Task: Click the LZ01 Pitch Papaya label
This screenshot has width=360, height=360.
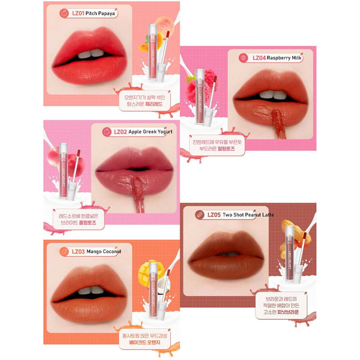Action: tap(89, 13)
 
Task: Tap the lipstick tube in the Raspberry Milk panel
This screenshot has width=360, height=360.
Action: tap(200, 96)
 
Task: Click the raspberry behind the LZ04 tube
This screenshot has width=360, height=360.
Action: tap(209, 81)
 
